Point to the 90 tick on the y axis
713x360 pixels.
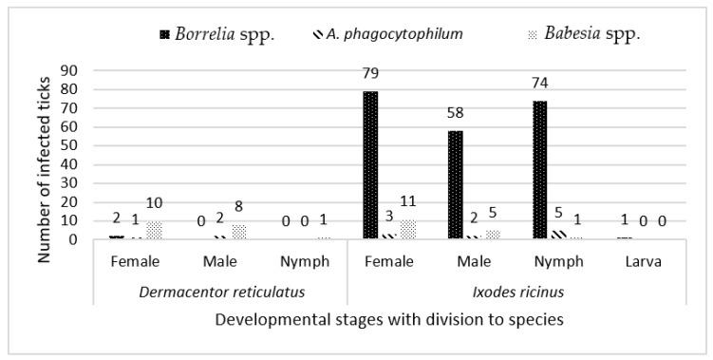[x=69, y=70]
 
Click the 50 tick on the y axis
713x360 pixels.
[x=69, y=145]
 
